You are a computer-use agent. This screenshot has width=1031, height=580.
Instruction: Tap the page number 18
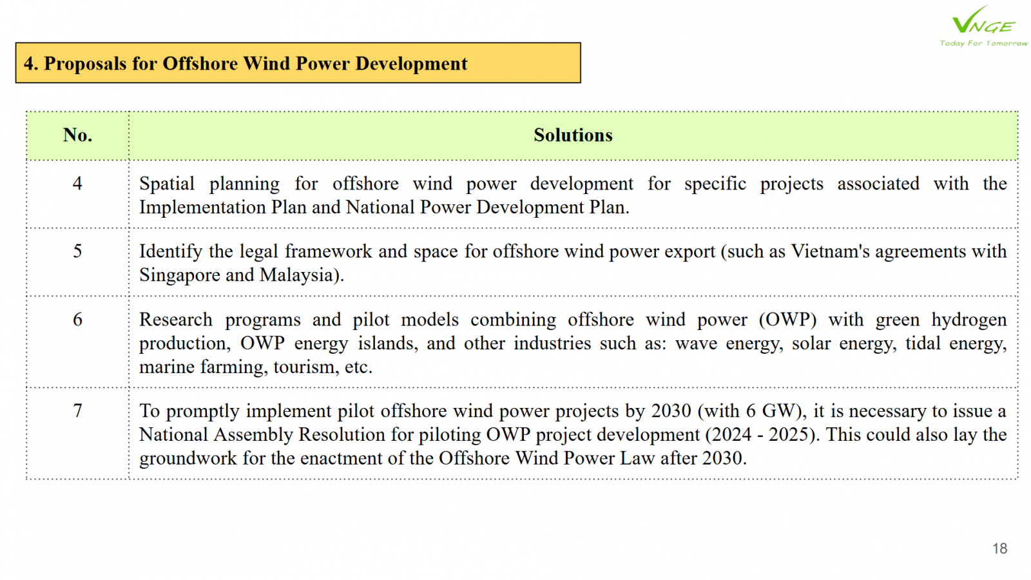click(999, 548)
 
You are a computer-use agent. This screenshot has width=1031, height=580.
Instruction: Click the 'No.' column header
click(77, 135)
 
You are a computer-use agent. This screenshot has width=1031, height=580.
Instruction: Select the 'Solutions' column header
click(573, 135)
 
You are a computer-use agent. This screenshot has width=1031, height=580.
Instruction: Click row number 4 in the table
click(77, 184)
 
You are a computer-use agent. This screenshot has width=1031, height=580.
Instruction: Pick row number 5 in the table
click(77, 251)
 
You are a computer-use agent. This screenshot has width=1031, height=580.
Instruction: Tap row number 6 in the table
click(77, 320)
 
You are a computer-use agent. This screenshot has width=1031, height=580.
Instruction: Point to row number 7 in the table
click(77, 411)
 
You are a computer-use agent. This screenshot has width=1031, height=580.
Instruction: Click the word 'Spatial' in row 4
click(167, 184)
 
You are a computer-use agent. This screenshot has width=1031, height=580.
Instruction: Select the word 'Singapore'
click(180, 275)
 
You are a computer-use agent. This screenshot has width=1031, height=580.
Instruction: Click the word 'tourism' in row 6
click(305, 367)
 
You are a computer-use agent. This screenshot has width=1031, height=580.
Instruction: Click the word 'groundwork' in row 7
click(188, 458)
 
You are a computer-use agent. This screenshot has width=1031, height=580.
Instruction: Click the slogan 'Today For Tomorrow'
click(983, 43)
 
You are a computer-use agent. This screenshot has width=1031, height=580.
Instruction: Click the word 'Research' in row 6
click(176, 320)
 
